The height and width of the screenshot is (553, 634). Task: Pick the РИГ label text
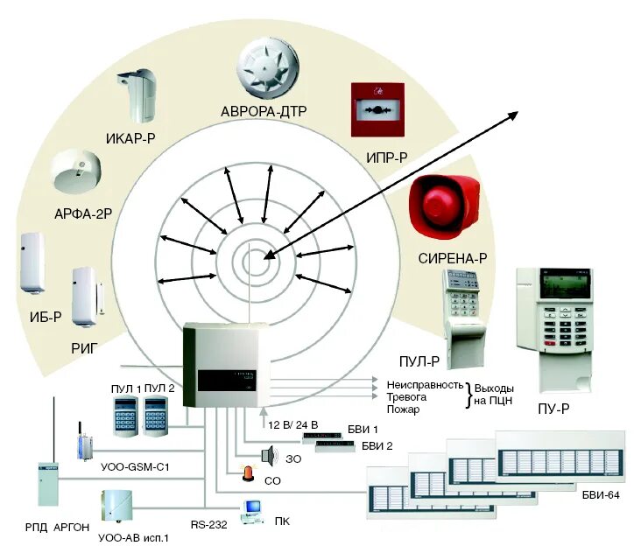pos(85,348)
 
